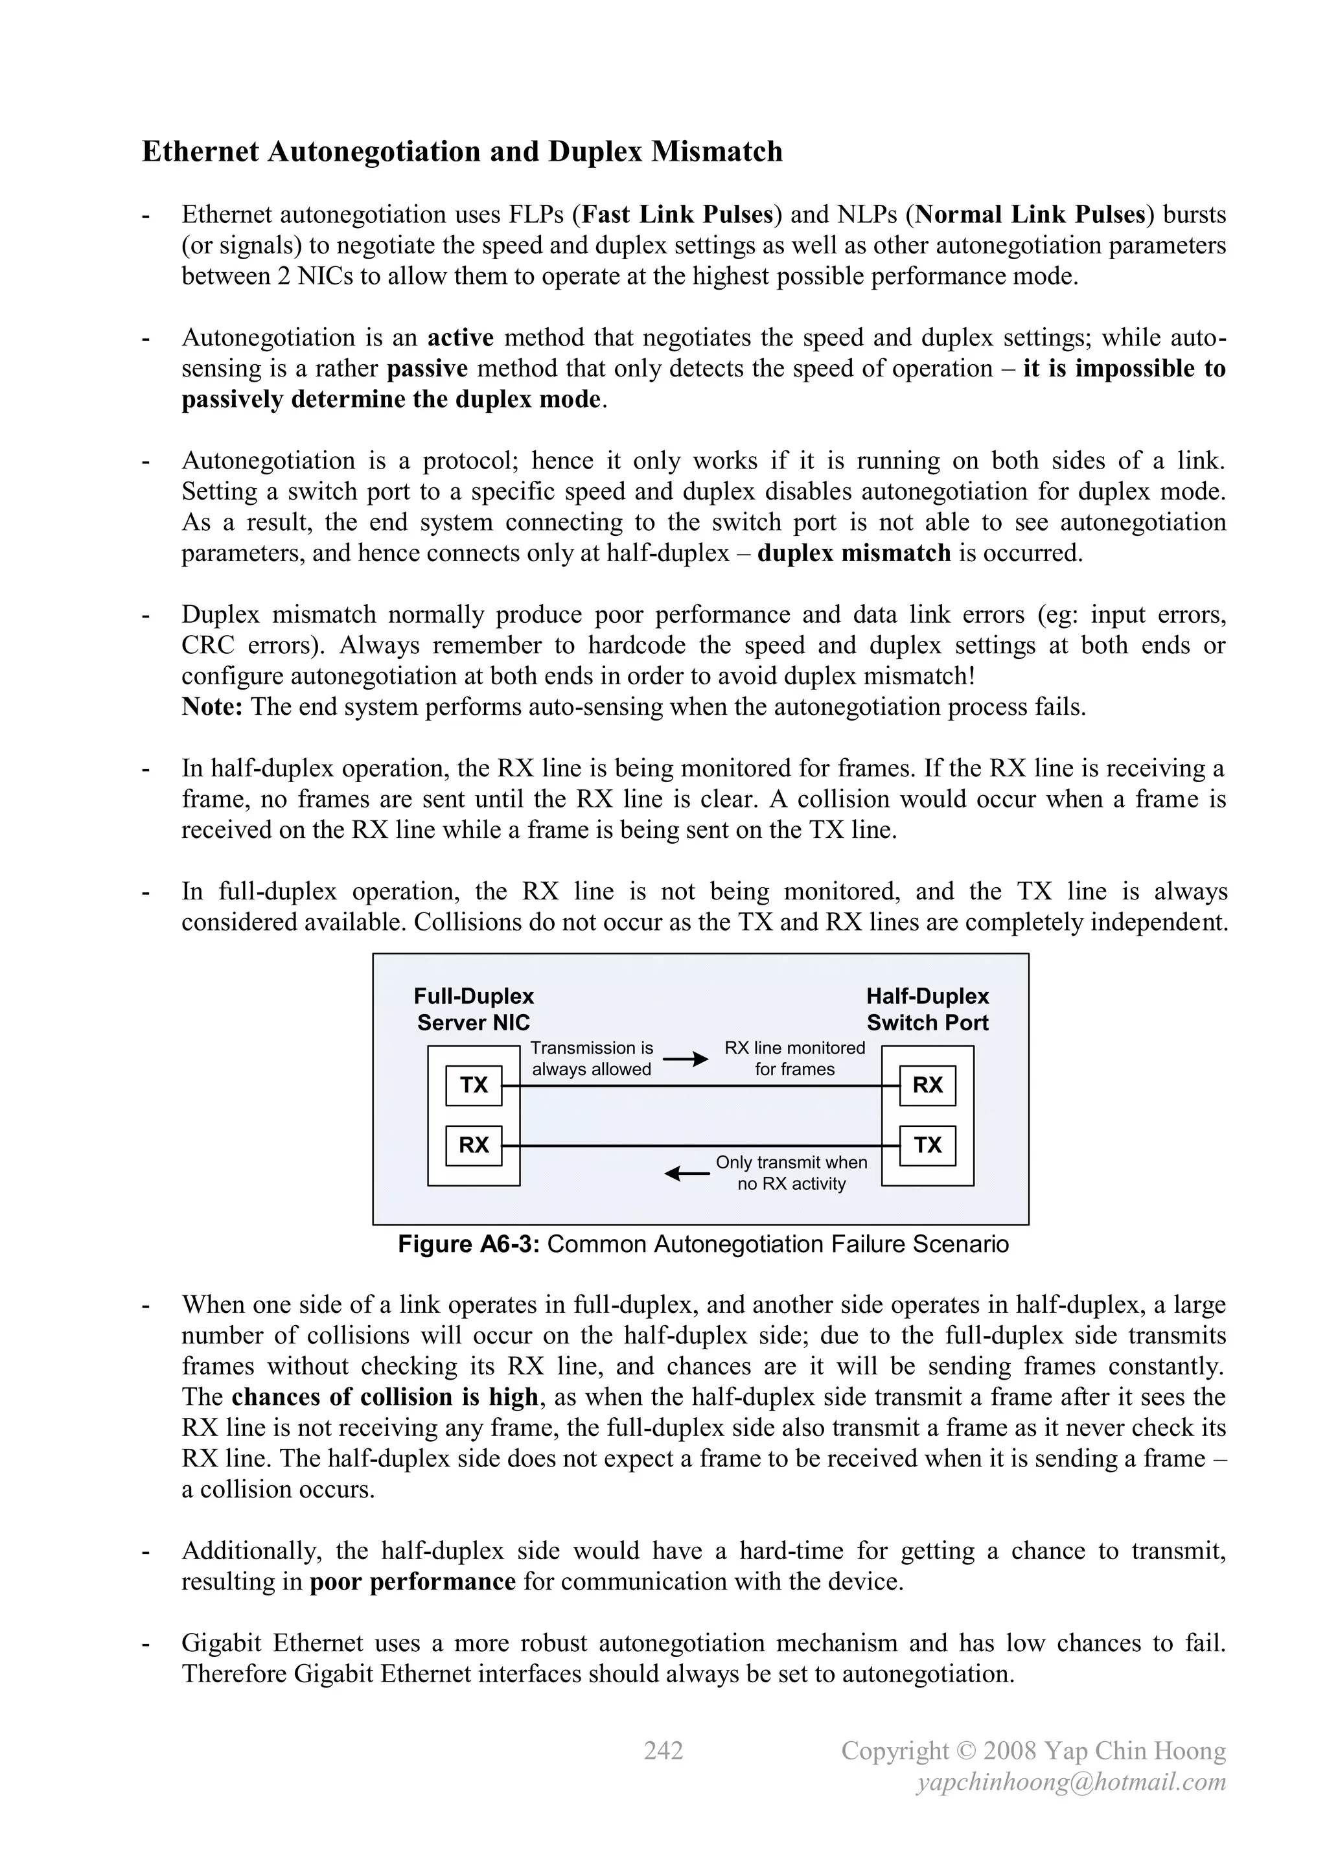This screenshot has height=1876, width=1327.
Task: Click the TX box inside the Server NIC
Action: click(473, 1085)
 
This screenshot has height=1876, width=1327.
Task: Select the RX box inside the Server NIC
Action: click(473, 1145)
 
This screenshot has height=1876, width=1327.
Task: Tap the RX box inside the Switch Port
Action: click(927, 1085)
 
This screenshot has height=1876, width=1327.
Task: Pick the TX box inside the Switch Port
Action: click(927, 1145)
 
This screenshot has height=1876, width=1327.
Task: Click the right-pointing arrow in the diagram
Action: click(685, 1060)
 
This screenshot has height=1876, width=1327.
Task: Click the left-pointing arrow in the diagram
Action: click(686, 1174)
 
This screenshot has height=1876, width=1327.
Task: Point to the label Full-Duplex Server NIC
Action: click(473, 1009)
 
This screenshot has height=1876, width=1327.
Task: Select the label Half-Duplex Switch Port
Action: click(927, 1009)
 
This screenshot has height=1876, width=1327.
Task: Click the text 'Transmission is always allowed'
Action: click(592, 1058)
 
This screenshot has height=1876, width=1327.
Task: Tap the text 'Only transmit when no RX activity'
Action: click(791, 1172)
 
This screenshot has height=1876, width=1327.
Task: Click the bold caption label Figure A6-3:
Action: click(468, 1244)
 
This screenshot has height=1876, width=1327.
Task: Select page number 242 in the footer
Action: click(663, 1751)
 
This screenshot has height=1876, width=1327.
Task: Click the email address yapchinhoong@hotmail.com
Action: click(1071, 1782)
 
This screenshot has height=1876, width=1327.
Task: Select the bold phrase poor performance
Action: click(413, 1582)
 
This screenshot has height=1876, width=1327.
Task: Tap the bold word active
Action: click(461, 338)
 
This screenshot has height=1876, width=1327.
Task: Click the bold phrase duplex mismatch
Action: click(854, 553)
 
